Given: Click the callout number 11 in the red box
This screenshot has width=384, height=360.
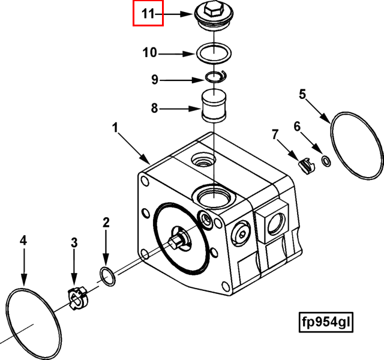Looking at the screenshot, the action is click(148, 14).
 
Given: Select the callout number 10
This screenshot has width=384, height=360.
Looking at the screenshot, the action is click(149, 53).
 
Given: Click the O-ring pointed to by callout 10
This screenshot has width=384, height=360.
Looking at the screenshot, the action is click(214, 53).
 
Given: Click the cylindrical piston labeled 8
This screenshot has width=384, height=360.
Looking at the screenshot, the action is click(214, 106).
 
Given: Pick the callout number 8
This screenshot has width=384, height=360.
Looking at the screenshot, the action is click(154, 108).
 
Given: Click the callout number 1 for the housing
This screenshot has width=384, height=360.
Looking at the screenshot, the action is click(115, 128).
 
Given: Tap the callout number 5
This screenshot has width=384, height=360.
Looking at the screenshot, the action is click(302, 94).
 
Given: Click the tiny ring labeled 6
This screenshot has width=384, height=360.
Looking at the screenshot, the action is click(326, 161).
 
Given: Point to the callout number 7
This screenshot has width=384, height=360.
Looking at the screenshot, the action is click(275, 134).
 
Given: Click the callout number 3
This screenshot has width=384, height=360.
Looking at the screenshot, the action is click(74, 242).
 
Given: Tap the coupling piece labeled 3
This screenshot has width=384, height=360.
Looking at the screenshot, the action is click(77, 298).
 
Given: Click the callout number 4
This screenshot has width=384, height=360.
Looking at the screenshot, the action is click(23, 241).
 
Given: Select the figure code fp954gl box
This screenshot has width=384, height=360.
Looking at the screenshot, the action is click(326, 322).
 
